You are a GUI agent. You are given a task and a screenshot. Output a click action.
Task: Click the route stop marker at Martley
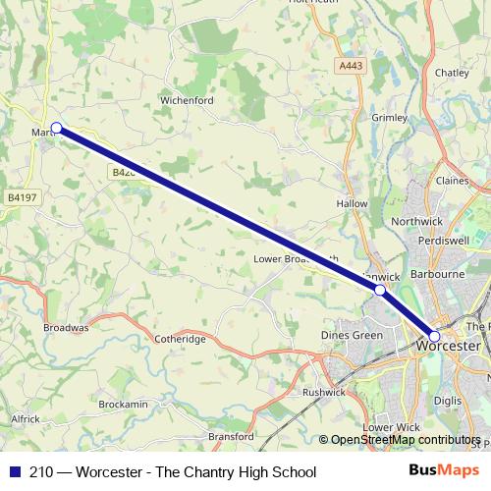[56, 128]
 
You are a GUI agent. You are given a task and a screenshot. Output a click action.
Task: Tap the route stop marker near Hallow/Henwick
[380, 291]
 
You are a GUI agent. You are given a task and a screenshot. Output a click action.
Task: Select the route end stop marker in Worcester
[435, 336]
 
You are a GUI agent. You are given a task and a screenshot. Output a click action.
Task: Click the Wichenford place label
[187, 100]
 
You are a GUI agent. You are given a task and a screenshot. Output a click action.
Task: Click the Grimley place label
[389, 118]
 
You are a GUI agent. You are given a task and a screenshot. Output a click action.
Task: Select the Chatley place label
[452, 73]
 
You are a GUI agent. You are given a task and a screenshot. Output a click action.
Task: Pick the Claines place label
[452, 181]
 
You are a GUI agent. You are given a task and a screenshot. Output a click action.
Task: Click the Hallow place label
[352, 203]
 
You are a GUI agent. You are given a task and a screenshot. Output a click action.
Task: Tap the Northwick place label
[416, 222]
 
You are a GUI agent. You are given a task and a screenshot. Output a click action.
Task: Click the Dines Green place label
[352, 336]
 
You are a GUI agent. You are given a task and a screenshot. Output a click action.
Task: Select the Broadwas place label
[66, 327]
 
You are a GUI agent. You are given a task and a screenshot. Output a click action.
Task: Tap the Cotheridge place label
[180, 339]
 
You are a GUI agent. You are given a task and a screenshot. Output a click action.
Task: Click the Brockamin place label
[123, 405]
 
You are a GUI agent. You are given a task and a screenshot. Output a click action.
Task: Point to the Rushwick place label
[324, 392]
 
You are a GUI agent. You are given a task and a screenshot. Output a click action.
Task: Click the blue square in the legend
[15, 472]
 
